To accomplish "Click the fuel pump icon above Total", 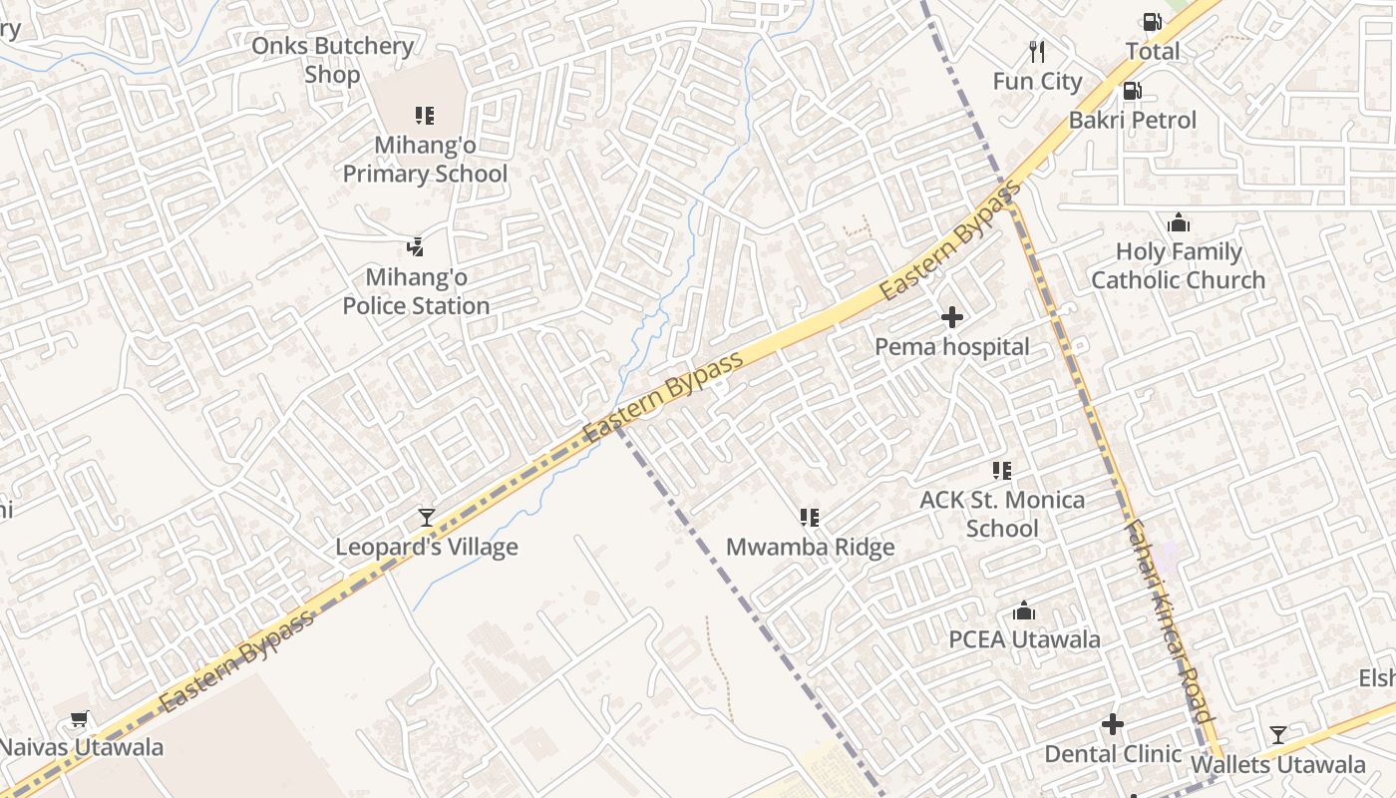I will (x=1152, y=22).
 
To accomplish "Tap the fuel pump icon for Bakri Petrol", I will (x=1132, y=91).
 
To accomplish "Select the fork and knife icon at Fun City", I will (x=1037, y=51).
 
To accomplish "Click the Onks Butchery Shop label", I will (x=332, y=60).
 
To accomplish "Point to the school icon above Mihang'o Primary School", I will (x=425, y=116).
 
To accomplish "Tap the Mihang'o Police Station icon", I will (x=416, y=247).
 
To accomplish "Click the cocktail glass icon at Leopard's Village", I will (x=427, y=517).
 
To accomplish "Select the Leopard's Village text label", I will (x=427, y=547).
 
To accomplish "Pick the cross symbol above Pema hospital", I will (x=952, y=318).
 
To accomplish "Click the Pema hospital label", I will (x=952, y=347).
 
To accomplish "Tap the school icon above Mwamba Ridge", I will (x=810, y=518).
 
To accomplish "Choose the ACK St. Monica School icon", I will (x=1002, y=471).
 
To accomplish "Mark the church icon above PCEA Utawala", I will (x=1024, y=611).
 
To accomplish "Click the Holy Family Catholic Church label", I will (x=1178, y=266).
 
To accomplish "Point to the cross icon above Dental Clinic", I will (x=1113, y=725).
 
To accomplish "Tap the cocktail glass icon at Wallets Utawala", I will (x=1278, y=736).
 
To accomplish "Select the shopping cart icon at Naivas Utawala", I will (x=80, y=718).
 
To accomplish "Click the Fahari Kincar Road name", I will (x=1169, y=619).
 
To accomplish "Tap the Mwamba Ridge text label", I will (x=810, y=548).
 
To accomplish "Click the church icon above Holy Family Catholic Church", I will (x=1179, y=222).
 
